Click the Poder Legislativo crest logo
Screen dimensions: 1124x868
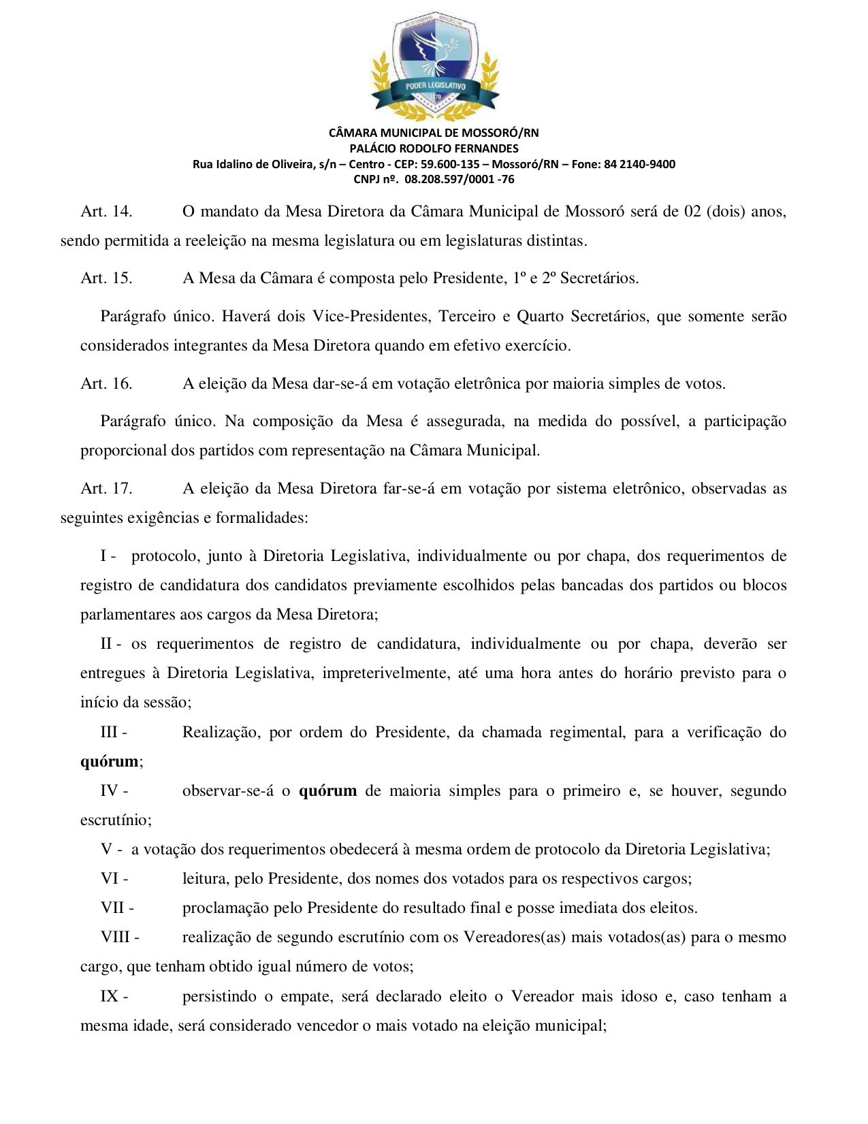point(434,65)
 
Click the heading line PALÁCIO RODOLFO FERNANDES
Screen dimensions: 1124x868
point(434,148)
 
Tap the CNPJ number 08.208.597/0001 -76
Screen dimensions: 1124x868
point(460,180)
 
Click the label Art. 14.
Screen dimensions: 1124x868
point(106,212)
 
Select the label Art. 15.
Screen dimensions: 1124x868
point(106,278)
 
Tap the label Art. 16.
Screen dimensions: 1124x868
point(106,384)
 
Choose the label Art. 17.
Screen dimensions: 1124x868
point(106,489)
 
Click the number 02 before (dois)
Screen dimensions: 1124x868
point(692,212)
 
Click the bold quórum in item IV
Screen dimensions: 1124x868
point(327,791)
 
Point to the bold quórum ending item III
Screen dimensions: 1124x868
point(109,762)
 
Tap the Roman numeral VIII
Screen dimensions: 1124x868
point(116,937)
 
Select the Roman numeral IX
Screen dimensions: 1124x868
point(110,997)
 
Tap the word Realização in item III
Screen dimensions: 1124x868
point(221,733)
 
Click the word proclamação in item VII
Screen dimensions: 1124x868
point(225,908)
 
